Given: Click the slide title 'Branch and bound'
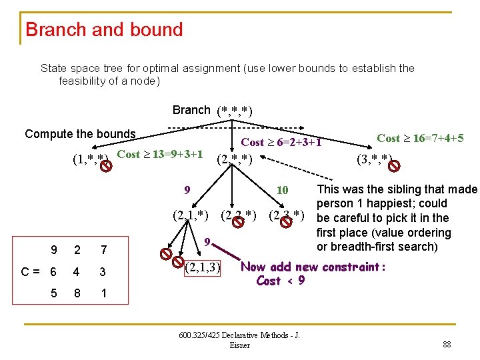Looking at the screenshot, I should [104, 30].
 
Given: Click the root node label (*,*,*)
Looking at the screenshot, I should [234, 111].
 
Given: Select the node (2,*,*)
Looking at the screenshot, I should [234, 159].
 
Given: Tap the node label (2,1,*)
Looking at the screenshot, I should [190, 215].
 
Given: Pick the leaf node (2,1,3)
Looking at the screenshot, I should [202, 268].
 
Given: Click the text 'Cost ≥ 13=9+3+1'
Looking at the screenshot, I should [160, 155].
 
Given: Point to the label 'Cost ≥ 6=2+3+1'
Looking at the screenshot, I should [281, 142].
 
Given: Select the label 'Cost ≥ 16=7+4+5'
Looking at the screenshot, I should [420, 139].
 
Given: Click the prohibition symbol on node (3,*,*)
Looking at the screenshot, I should [396, 162].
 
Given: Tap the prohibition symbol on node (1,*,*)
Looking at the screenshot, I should [105, 163].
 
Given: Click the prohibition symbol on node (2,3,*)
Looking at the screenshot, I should [287, 219].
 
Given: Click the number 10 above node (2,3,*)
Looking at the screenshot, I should [282, 191].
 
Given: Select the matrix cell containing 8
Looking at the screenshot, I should [77, 293].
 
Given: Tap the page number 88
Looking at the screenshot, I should [446, 345].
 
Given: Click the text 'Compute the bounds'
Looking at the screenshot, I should [80, 134].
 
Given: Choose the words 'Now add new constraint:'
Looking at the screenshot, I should [313, 267].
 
